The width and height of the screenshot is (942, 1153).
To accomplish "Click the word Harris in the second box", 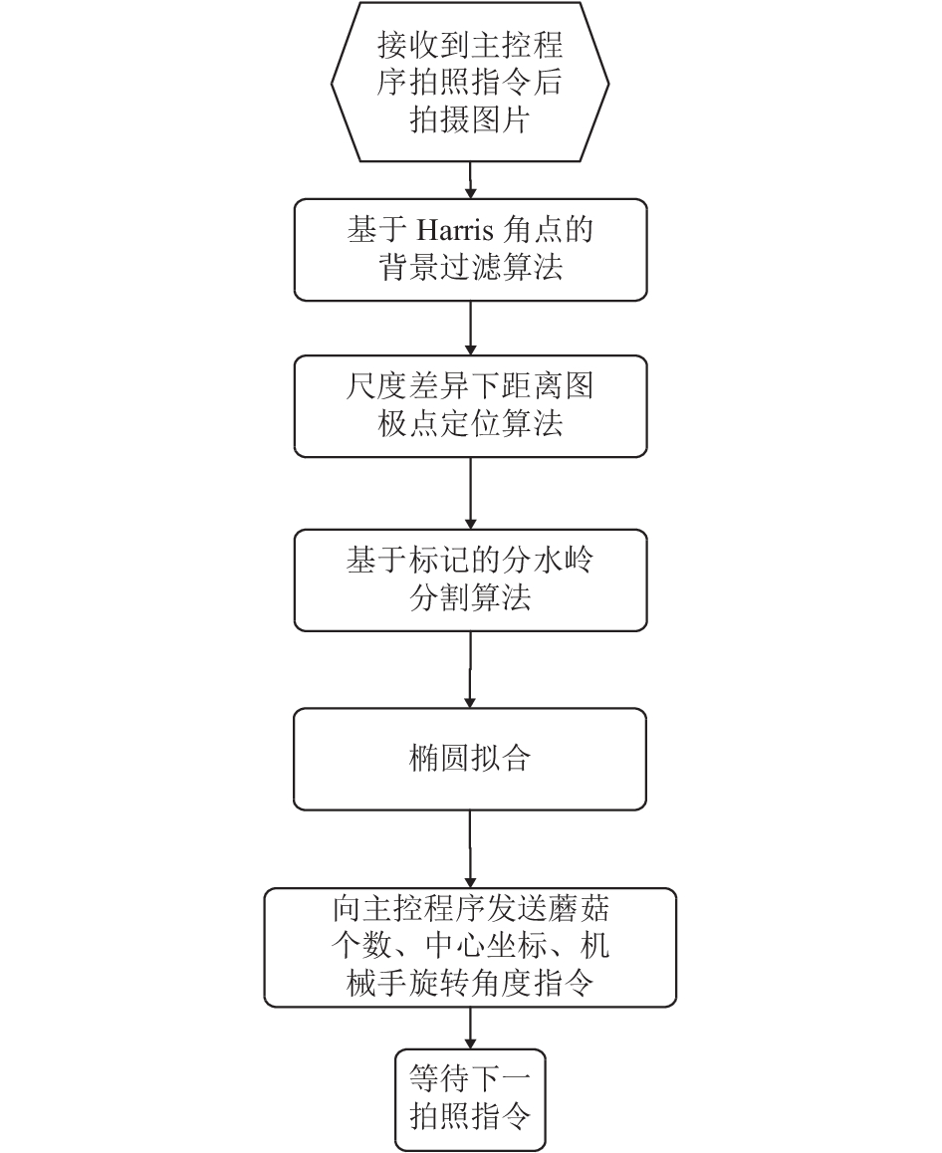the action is tap(456, 230).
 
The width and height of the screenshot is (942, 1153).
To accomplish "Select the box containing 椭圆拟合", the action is tap(470, 759).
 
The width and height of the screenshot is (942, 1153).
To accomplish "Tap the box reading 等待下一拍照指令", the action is tap(470, 1099).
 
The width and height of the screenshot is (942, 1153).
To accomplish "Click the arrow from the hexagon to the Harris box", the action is tap(470, 180).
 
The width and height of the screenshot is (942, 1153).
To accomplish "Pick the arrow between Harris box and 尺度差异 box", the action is tap(470, 328).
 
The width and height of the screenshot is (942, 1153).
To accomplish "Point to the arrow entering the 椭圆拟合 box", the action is tap(470, 669).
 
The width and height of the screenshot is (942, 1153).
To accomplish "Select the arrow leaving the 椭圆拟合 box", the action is tap(470, 849).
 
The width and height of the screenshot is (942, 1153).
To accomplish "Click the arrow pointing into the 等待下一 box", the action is tap(470, 1028).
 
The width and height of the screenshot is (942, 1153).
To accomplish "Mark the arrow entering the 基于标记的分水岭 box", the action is tap(470, 494).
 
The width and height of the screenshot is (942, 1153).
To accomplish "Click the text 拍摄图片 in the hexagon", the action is tap(470, 119).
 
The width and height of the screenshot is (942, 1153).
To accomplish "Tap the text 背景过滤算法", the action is tap(470, 267).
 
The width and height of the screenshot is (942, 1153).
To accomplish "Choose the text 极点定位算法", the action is tap(470, 423).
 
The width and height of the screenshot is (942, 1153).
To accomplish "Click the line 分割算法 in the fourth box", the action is tap(470, 597).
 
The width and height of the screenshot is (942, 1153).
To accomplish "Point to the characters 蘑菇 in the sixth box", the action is tap(579, 909).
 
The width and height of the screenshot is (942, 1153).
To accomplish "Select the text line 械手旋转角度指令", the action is tap(470, 983).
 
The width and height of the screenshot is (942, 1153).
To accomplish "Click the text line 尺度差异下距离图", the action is tap(470, 386).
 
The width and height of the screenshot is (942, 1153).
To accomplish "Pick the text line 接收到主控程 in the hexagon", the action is tap(470, 45).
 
